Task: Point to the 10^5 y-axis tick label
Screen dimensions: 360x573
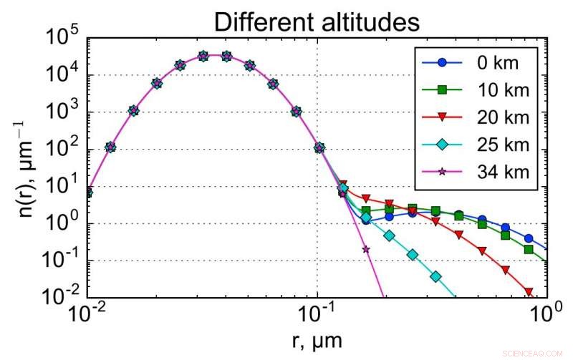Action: point(63,36)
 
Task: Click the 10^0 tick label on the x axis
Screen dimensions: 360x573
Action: point(546,313)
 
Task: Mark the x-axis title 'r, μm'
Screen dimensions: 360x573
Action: point(317,341)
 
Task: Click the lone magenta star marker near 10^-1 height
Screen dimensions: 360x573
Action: point(366,249)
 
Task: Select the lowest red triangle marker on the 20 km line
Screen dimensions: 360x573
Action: point(529,291)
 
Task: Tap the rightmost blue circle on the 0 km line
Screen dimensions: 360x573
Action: point(529,238)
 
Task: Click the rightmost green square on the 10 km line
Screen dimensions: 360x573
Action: point(529,250)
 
